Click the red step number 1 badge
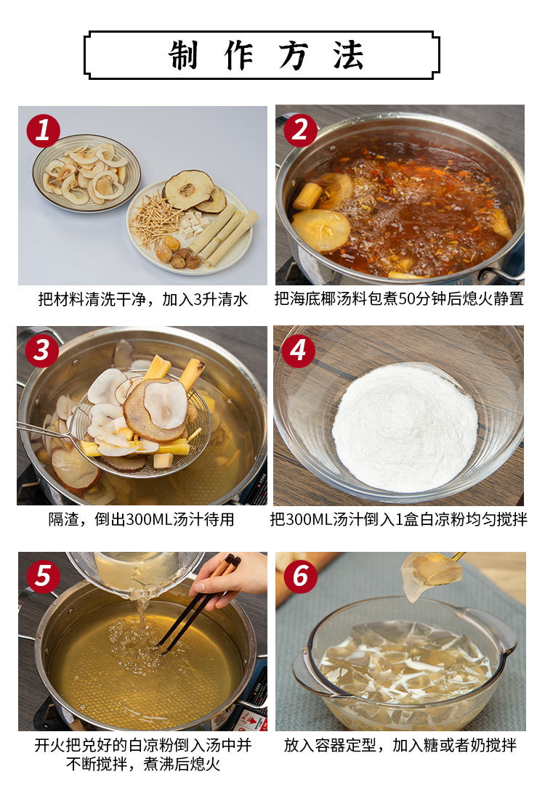[x=43, y=131]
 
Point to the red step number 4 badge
[x=298, y=351]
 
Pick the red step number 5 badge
[x=43, y=576]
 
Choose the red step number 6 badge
[x=300, y=576]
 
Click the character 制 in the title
[x=183, y=55]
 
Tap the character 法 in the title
[x=348, y=55]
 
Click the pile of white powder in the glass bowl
[x=405, y=427]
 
